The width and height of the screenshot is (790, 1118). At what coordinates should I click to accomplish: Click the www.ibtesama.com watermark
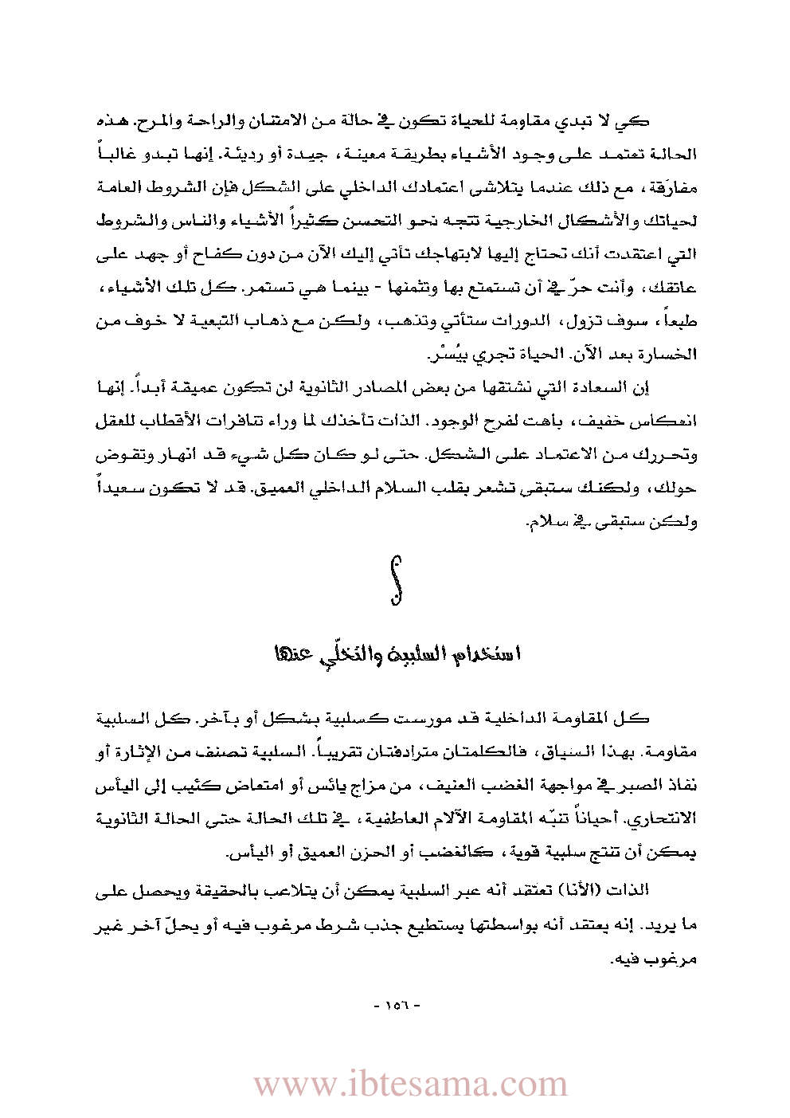coord(410,1085)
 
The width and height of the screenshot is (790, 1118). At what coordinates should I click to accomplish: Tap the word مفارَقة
coord(672,188)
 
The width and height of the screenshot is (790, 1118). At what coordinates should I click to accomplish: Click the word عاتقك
coord(674,288)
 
